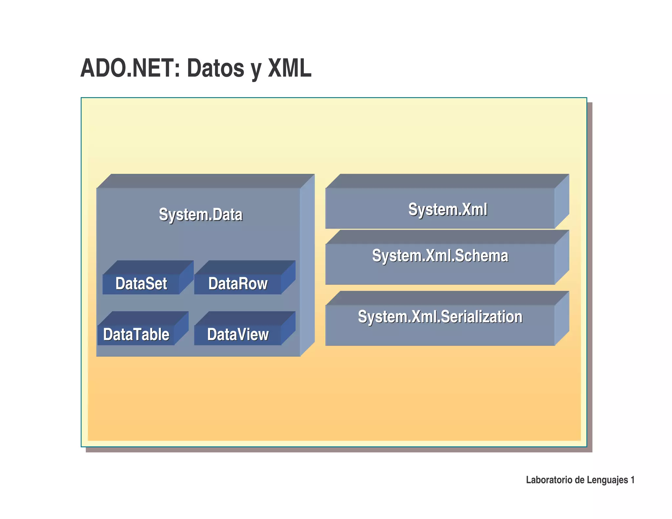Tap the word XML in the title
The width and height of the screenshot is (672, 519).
coord(289,68)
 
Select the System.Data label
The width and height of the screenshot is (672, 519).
coord(200,215)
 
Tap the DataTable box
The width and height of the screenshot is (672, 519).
coord(136,335)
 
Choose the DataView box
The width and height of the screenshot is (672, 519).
coord(238,335)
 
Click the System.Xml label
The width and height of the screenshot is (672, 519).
coord(448,209)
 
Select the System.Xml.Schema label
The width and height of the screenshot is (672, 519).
coord(440,256)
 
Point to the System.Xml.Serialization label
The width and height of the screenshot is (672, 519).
coord(440,317)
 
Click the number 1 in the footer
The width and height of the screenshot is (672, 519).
coord(633,480)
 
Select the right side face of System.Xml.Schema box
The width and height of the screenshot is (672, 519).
coord(562,258)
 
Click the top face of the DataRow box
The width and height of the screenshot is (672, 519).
coord(245,267)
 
